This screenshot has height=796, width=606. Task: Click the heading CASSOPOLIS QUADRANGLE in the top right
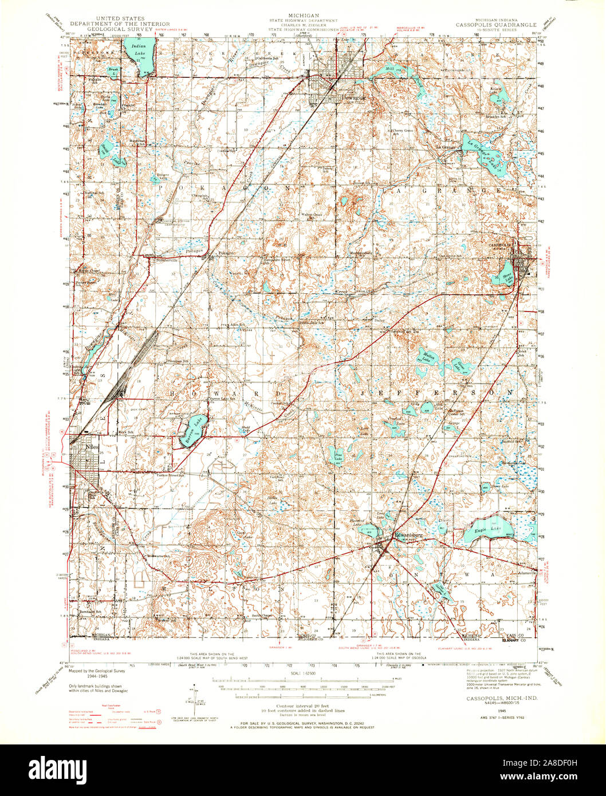(496, 25)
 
